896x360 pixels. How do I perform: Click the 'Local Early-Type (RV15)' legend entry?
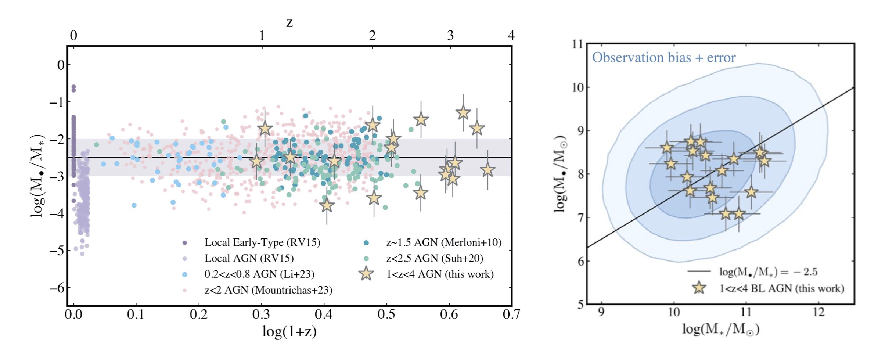pos(262,242)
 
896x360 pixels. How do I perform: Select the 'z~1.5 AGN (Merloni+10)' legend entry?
pos(443,242)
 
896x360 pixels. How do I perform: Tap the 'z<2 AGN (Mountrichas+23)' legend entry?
pos(268,290)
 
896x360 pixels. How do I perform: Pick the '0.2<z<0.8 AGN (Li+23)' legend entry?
pos(259,274)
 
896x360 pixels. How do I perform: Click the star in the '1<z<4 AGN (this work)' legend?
pos(366,274)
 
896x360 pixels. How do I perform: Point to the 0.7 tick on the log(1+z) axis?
pos(511,314)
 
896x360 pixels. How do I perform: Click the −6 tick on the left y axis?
pos(57,288)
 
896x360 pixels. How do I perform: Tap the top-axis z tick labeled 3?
pos(450,36)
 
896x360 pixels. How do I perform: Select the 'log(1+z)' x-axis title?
pos(289,331)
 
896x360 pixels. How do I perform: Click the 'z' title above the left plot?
pos(289,23)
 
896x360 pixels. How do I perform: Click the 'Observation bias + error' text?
pos(663,58)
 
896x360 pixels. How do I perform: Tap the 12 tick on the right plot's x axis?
pos(819,313)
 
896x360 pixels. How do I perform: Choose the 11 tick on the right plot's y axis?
pos(578,44)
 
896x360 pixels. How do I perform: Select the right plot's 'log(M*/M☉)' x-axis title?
pos(720,329)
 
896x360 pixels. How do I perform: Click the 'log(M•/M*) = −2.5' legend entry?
pos(768,272)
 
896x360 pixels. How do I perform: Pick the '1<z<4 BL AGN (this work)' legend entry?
pos(781,288)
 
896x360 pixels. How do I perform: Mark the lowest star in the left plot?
pos(327,205)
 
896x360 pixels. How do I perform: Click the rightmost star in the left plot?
pos(487,170)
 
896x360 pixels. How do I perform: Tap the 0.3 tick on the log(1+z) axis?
pos(261,314)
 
